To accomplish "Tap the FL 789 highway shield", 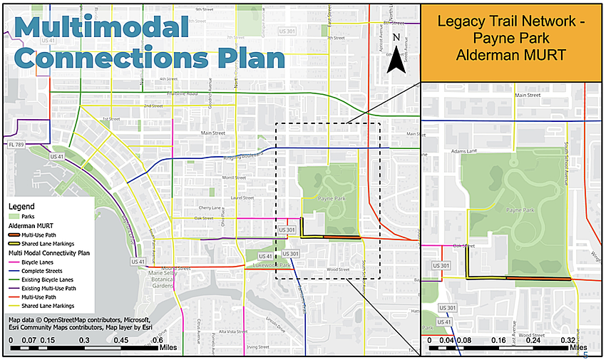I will coord(16,143).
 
